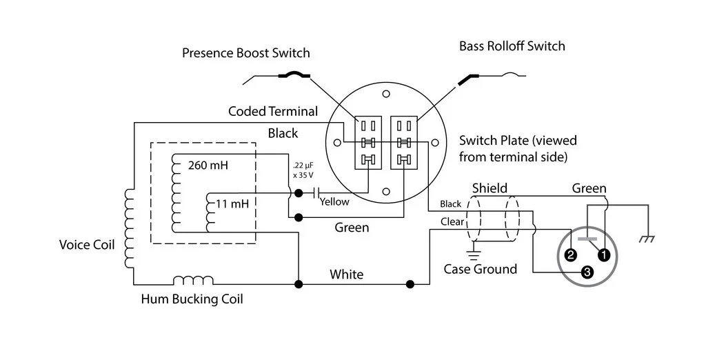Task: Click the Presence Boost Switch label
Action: [x=245, y=53]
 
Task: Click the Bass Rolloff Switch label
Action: [x=512, y=46]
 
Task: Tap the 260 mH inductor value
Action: [x=208, y=166]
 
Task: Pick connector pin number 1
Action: [x=604, y=254]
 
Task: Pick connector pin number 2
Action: [x=570, y=255]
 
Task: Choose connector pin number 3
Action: [x=587, y=272]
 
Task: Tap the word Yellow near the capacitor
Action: [x=334, y=202]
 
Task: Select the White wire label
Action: [x=346, y=274]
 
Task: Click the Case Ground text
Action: [x=480, y=269]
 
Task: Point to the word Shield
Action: [x=490, y=188]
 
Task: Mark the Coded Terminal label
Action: [x=273, y=111]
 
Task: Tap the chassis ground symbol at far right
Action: [x=647, y=239]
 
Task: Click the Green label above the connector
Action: [x=589, y=188]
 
